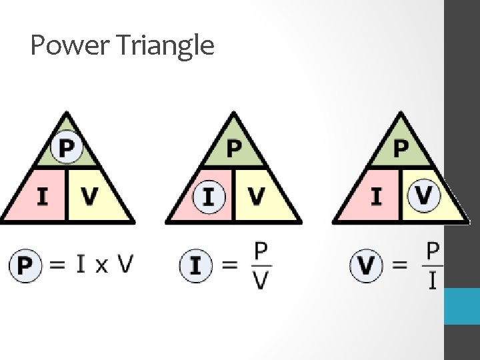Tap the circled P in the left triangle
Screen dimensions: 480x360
coord(66,147)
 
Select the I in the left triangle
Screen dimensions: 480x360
coord(42,197)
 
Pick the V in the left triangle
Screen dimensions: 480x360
coord(89,197)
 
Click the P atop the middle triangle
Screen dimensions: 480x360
coord(233,148)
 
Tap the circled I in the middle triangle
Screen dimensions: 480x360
coord(209,197)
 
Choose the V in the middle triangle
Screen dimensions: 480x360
coord(256,197)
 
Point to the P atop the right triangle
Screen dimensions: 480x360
coord(401,148)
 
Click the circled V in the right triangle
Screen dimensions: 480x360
coord(423,196)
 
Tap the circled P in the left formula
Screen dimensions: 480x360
coord(25,266)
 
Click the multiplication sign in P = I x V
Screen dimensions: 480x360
coord(101,265)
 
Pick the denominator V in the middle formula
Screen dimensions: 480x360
coord(261,281)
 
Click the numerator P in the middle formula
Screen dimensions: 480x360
coord(261,251)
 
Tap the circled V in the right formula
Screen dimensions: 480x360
coord(367,266)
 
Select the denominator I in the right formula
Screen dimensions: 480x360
coord(433,281)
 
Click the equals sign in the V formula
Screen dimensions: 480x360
coord(400,265)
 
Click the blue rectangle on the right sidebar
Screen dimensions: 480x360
coord(462,306)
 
